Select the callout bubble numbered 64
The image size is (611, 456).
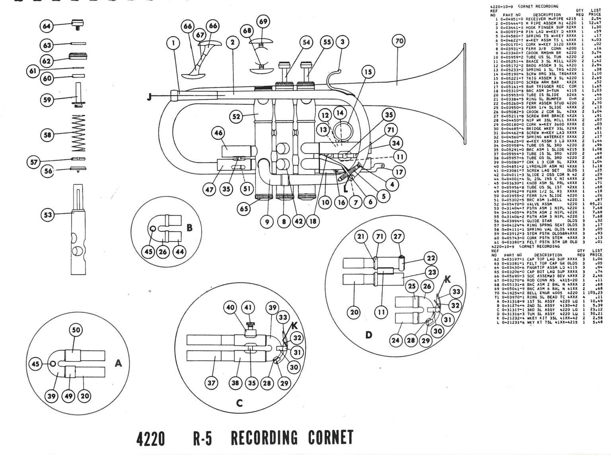coord(47,26)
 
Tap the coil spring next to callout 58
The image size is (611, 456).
coord(80,133)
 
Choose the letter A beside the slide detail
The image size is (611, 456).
coord(118,363)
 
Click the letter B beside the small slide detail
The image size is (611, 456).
coord(190,228)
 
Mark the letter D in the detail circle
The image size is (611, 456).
coord(369,335)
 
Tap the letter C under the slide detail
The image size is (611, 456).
coord(239,403)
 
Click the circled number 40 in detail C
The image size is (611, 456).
coord(231,308)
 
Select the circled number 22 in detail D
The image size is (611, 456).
coord(430,258)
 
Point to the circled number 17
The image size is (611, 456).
coord(399,172)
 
